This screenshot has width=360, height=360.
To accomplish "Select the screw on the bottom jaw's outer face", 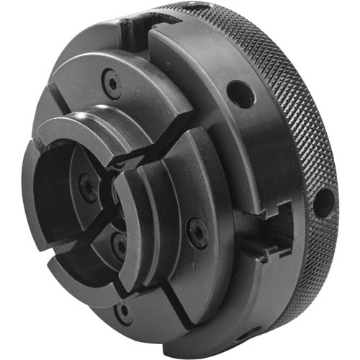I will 125,312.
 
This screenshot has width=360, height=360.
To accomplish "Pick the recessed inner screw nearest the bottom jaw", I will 118,244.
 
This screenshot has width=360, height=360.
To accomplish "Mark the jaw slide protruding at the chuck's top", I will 135,30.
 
